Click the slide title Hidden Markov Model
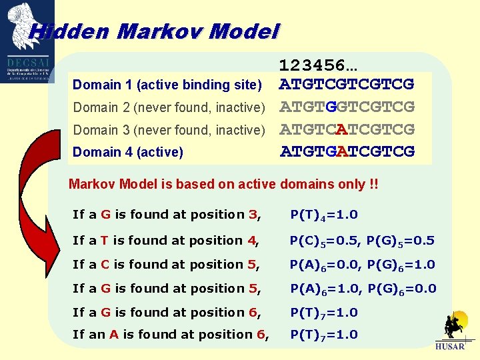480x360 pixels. [x=154, y=31]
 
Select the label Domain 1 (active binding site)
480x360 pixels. [x=167, y=85]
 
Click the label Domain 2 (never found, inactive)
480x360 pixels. [x=169, y=107]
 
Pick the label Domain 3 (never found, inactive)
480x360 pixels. [x=169, y=130]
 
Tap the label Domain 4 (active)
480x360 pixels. [x=128, y=152]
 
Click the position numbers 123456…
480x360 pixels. [x=318, y=65]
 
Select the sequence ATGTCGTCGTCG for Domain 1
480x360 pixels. [x=347, y=85]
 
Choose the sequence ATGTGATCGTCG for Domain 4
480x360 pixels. [x=347, y=151]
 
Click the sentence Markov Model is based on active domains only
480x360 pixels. [x=223, y=184]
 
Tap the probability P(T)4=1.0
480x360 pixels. [x=323, y=215]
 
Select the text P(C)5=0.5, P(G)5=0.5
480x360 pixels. [x=362, y=241]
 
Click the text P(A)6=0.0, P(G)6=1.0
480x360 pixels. [x=363, y=265]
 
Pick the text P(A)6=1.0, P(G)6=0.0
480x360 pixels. [x=363, y=289]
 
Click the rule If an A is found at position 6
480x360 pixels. [x=171, y=335]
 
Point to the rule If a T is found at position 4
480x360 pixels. [x=166, y=241]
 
